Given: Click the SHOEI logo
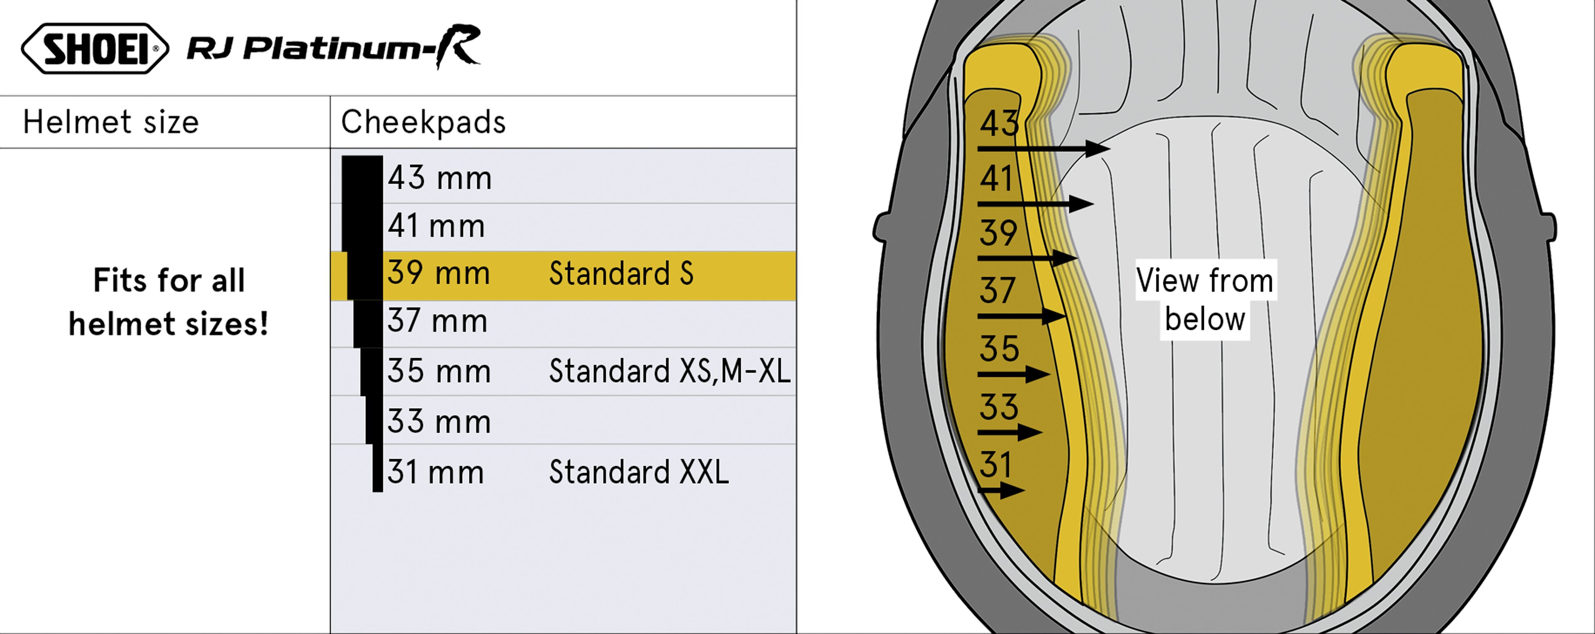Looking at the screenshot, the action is pos(95,49).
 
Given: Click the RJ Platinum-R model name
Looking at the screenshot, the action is pos(333,47).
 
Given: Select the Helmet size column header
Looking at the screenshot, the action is pos(111,122).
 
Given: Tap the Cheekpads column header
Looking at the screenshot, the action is pos(423,122).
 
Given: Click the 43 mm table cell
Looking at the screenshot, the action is pos(440,178).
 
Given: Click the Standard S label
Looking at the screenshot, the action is pos(621,273).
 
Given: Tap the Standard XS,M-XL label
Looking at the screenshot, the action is pos(670,371).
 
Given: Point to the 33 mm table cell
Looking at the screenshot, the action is pos(439,422).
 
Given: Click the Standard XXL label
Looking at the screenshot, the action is pos(639,472).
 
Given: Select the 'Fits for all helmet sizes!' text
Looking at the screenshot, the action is pos(169,302).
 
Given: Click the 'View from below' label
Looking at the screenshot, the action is pos(1205,300).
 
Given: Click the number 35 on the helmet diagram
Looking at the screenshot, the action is pos(999,348).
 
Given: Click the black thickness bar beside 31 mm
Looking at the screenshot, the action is pos(378,468).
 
